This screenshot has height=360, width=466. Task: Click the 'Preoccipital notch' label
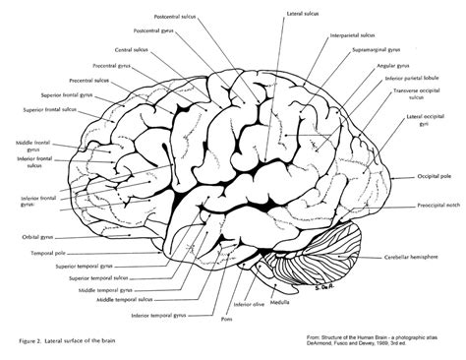[x=432, y=208]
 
